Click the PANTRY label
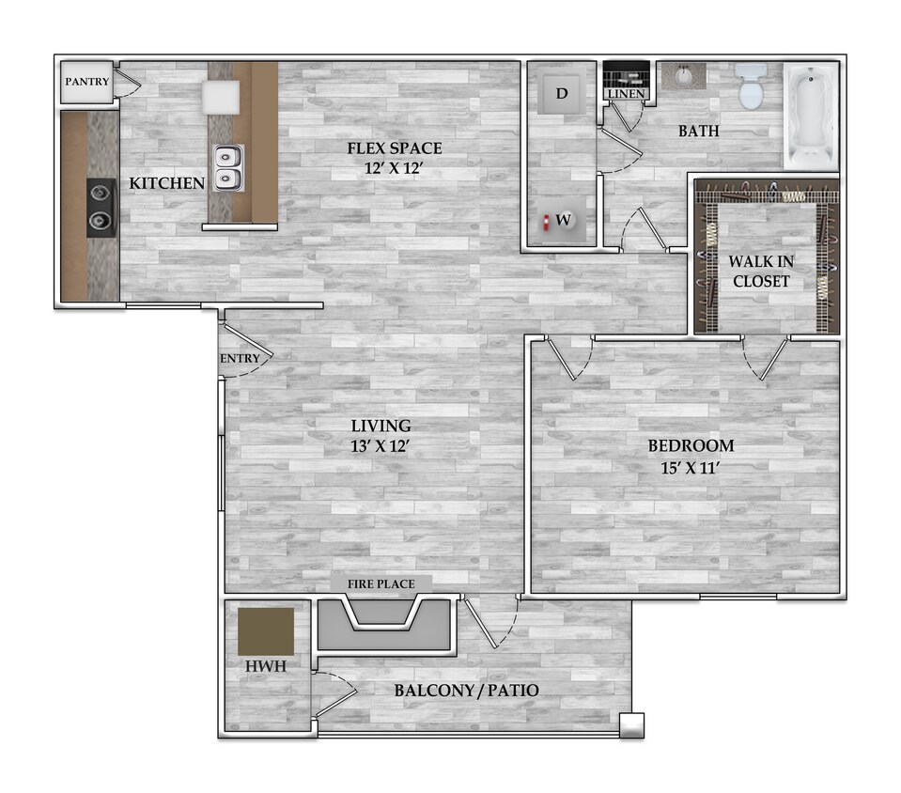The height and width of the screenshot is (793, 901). click(x=86, y=82)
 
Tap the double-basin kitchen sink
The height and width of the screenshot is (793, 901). click(x=227, y=167)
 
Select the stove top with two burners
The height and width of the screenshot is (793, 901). click(x=101, y=207)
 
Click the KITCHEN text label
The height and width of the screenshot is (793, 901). click(x=166, y=183)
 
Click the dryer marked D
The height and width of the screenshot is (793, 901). click(x=562, y=93)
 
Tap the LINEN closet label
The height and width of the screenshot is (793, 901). click(x=626, y=95)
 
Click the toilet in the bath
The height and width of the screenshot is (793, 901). click(x=751, y=86)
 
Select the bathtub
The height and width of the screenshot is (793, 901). click(x=810, y=116)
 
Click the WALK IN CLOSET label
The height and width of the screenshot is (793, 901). click(x=761, y=272)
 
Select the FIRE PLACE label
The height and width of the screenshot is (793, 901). click(x=381, y=584)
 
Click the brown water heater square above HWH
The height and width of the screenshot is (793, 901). click(x=265, y=630)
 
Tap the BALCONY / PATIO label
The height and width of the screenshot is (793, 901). click(x=466, y=691)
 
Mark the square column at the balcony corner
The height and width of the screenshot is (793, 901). click(x=631, y=725)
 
